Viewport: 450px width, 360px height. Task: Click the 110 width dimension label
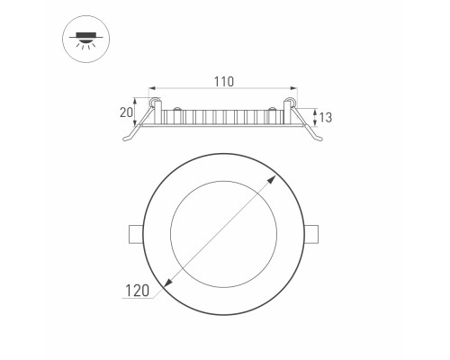pyautogui.click(x=223, y=82)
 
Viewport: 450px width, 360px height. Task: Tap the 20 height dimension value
pyautogui.click(x=126, y=112)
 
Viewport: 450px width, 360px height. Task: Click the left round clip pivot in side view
pyautogui.click(x=156, y=102)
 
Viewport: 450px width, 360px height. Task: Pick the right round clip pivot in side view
pyautogui.click(x=290, y=102)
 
